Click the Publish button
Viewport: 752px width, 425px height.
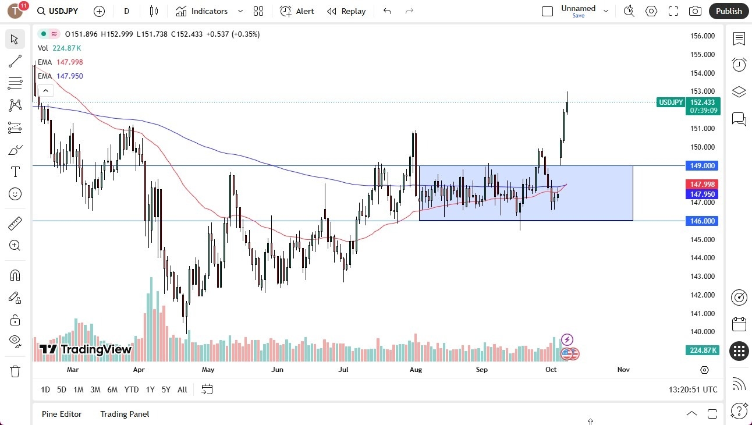point(729,11)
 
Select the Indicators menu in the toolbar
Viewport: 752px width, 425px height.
point(209,11)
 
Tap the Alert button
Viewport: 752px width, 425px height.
point(297,11)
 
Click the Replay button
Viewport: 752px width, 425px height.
point(346,11)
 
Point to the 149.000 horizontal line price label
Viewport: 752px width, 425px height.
point(703,165)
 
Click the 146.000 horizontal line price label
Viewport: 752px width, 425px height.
point(703,221)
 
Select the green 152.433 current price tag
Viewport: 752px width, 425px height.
point(703,102)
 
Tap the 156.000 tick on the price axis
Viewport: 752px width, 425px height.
point(703,36)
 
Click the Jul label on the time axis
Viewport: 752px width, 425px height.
point(343,370)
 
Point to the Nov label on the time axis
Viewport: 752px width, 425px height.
point(623,370)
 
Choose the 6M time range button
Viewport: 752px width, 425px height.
point(112,389)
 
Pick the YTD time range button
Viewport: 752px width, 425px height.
point(132,389)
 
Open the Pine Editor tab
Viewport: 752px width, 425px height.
point(62,414)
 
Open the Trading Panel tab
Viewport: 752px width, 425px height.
point(125,414)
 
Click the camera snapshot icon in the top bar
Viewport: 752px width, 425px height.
point(695,11)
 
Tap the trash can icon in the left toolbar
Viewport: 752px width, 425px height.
point(15,371)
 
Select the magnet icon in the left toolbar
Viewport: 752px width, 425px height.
point(15,275)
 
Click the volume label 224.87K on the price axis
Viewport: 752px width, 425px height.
point(703,350)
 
